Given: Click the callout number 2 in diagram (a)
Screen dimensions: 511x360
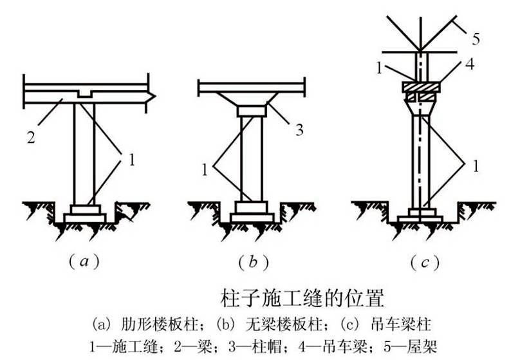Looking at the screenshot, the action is tap(31, 138).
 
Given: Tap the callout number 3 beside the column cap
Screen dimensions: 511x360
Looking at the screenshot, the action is tap(299, 129).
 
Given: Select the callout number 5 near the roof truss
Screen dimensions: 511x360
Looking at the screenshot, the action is tap(476, 39).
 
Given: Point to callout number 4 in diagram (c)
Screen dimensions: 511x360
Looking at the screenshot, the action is tap(470, 64).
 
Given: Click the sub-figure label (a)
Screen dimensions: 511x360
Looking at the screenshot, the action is tap(84, 262).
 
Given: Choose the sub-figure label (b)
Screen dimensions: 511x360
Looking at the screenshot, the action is tap(254, 262).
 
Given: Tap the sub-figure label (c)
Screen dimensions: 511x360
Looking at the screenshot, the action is tap(425, 262).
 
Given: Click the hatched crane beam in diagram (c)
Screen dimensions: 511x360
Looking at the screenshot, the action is tap(421, 87).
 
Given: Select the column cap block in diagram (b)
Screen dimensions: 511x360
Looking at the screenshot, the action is tap(251, 111).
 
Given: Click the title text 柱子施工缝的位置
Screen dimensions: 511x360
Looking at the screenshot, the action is tap(302, 298).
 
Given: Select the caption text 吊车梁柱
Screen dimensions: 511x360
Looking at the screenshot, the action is tap(401, 325).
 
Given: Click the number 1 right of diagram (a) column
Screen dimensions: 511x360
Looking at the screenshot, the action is tap(131, 160).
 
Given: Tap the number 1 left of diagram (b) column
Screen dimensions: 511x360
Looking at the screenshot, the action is tap(204, 170).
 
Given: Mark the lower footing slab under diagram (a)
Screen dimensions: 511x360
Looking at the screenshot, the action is tap(85, 218).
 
